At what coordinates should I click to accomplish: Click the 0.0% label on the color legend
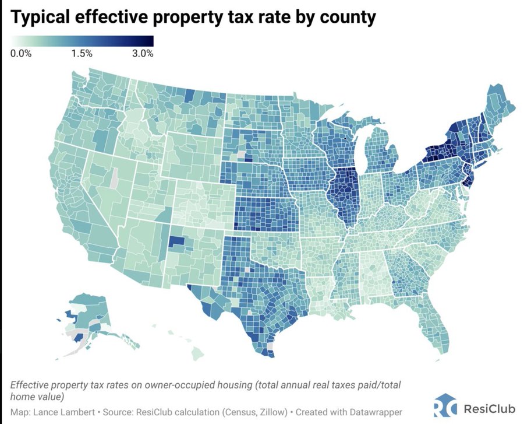pyautogui.click(x=22, y=54)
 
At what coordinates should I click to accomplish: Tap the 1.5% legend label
pyautogui.click(x=82, y=54)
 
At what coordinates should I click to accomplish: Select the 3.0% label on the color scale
pyautogui.click(x=142, y=54)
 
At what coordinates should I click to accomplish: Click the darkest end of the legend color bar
pyautogui.click(x=150, y=41)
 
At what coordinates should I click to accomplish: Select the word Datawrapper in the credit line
pyautogui.click(x=373, y=412)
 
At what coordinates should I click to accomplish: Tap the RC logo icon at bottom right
pyautogui.click(x=444, y=406)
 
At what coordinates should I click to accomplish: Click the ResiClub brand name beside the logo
pyautogui.click(x=488, y=407)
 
